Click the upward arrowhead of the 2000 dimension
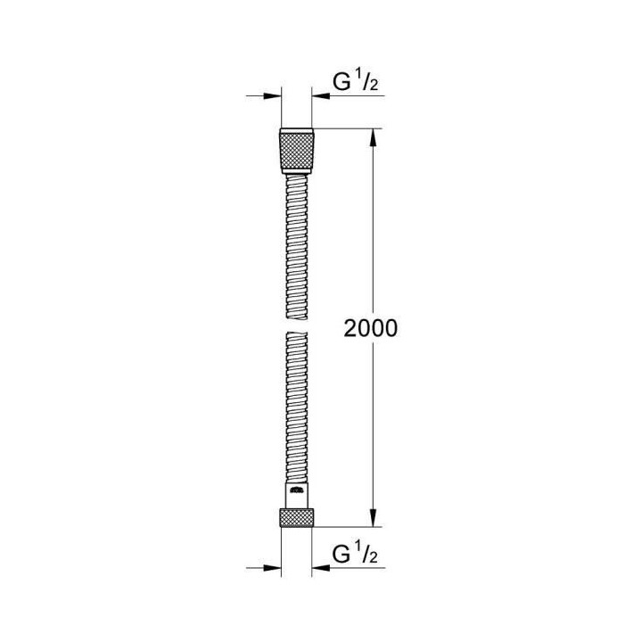pyautogui.click(x=375, y=136)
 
